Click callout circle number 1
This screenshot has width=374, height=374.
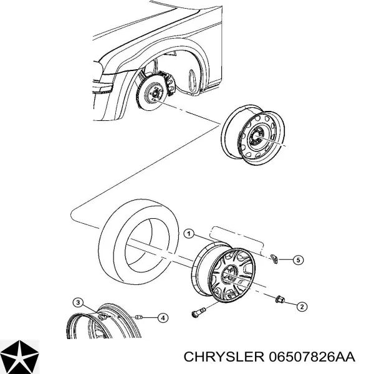coord(188,234)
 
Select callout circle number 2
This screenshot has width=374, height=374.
coord(301,306)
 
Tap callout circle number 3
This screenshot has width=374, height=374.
coord(77,302)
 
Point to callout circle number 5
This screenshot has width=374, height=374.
coord(299,259)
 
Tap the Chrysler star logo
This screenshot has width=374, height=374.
coord(20,356)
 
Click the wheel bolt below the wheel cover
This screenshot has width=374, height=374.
coord(198,310)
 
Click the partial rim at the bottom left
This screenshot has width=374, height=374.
coord(100,324)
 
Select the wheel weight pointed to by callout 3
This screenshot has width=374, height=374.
coord(100,317)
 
